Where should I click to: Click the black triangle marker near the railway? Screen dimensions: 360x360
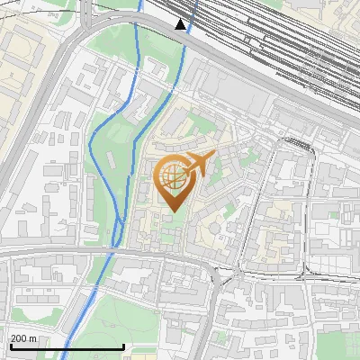[x=181, y=24]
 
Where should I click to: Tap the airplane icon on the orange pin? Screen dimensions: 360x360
[x=198, y=165]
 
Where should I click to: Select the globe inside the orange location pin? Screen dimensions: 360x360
[x=174, y=179]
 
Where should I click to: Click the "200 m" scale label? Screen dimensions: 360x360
[x=23, y=339]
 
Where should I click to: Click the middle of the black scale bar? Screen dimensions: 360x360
[x=67, y=347]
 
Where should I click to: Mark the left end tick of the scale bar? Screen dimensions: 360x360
[x=10, y=346]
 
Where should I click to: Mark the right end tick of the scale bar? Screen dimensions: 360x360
[x=123, y=346]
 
